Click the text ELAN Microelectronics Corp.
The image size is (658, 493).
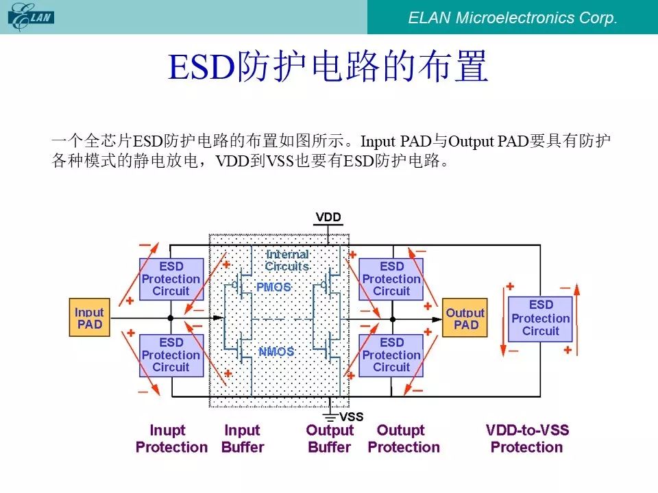point(513,18)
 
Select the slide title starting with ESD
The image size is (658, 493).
point(328,66)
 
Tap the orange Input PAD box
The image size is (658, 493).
point(89,317)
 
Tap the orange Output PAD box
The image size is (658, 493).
point(465,318)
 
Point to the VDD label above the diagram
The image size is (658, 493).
point(328,217)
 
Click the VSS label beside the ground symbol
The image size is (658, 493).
point(351,417)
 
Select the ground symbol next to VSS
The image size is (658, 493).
point(330,417)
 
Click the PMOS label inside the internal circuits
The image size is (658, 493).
point(273,287)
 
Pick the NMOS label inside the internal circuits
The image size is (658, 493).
point(276,351)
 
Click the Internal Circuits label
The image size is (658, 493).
point(287,260)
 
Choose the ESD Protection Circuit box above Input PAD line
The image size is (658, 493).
point(171,279)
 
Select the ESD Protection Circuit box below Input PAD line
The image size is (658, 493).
point(171,355)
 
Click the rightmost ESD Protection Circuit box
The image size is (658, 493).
point(540,318)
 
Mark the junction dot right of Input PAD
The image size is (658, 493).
point(171,318)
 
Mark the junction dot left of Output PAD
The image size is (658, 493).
point(392,320)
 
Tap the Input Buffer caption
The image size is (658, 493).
point(243,438)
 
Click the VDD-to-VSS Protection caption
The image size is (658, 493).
point(527,438)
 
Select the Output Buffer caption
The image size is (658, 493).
point(330,438)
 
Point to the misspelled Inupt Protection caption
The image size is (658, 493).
point(171,438)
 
